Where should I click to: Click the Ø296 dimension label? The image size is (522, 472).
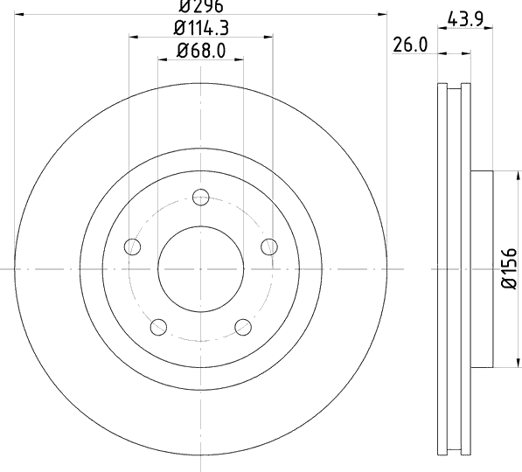click(x=201, y=6)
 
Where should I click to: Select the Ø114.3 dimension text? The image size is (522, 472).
click(x=201, y=28)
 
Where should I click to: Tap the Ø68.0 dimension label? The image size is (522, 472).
click(x=201, y=51)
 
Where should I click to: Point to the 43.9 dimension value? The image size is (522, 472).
click(x=465, y=19)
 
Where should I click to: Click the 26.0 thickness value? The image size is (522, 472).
click(x=410, y=45)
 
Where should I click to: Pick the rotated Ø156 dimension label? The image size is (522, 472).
click(x=509, y=268)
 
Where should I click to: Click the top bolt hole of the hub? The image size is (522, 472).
click(x=201, y=197)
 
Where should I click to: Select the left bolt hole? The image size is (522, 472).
click(x=132, y=247)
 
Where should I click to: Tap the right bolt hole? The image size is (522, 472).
click(x=269, y=247)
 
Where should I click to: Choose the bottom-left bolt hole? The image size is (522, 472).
click(x=158, y=327)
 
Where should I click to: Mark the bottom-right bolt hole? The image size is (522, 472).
click(x=243, y=327)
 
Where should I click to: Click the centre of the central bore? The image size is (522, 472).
click(x=201, y=269)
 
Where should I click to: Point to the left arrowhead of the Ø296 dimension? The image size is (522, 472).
click(x=19, y=14)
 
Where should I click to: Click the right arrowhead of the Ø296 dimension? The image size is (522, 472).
click(x=382, y=14)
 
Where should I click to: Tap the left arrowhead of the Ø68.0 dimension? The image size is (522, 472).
click(x=163, y=60)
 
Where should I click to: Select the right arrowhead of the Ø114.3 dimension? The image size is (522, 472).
click(x=268, y=37)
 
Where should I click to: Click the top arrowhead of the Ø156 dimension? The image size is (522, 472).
click(x=518, y=176)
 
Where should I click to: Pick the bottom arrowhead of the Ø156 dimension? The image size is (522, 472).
click(x=518, y=363)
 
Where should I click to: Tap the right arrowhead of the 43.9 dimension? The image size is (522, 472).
click(x=488, y=28)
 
